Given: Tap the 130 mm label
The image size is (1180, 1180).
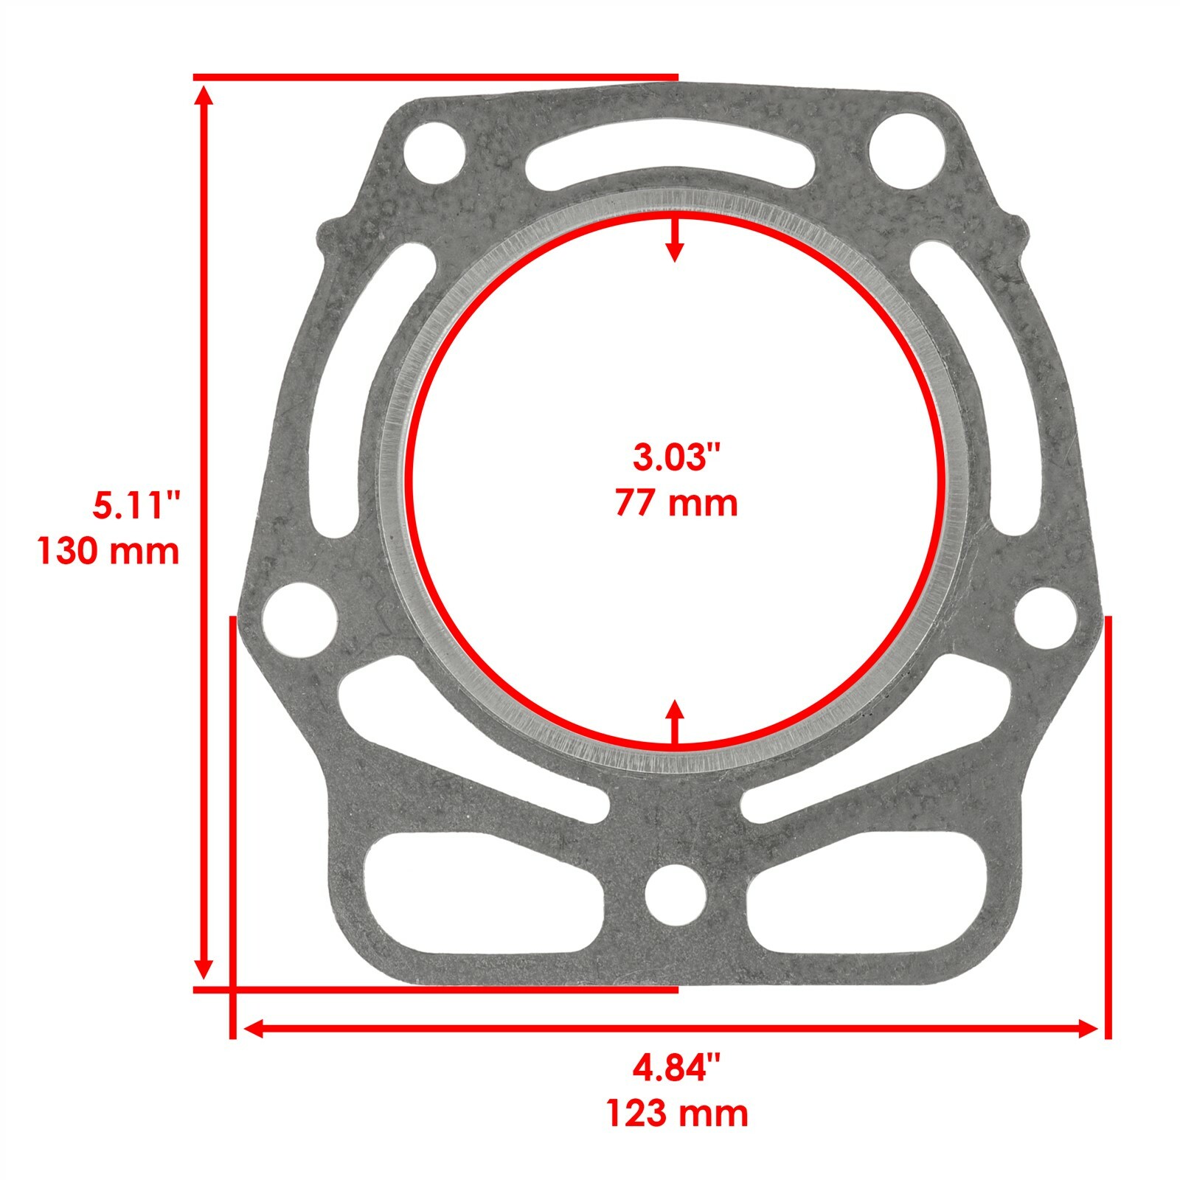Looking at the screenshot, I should (x=108, y=551).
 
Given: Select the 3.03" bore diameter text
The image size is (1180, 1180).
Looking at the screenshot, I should (x=676, y=458).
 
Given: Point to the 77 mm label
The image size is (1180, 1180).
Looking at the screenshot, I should (x=676, y=503).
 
